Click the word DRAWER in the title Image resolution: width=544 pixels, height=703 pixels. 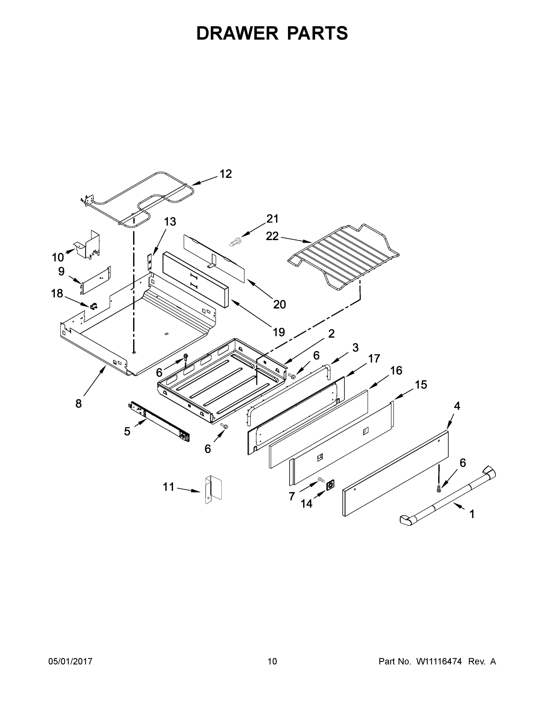[x=237, y=33]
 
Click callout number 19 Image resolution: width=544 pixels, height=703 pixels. [x=279, y=332]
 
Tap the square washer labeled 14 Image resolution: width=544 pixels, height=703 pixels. [x=330, y=484]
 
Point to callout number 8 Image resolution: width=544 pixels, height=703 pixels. [x=78, y=403]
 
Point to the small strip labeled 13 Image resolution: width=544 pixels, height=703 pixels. [x=149, y=261]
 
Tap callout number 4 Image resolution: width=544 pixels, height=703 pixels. [x=457, y=406]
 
